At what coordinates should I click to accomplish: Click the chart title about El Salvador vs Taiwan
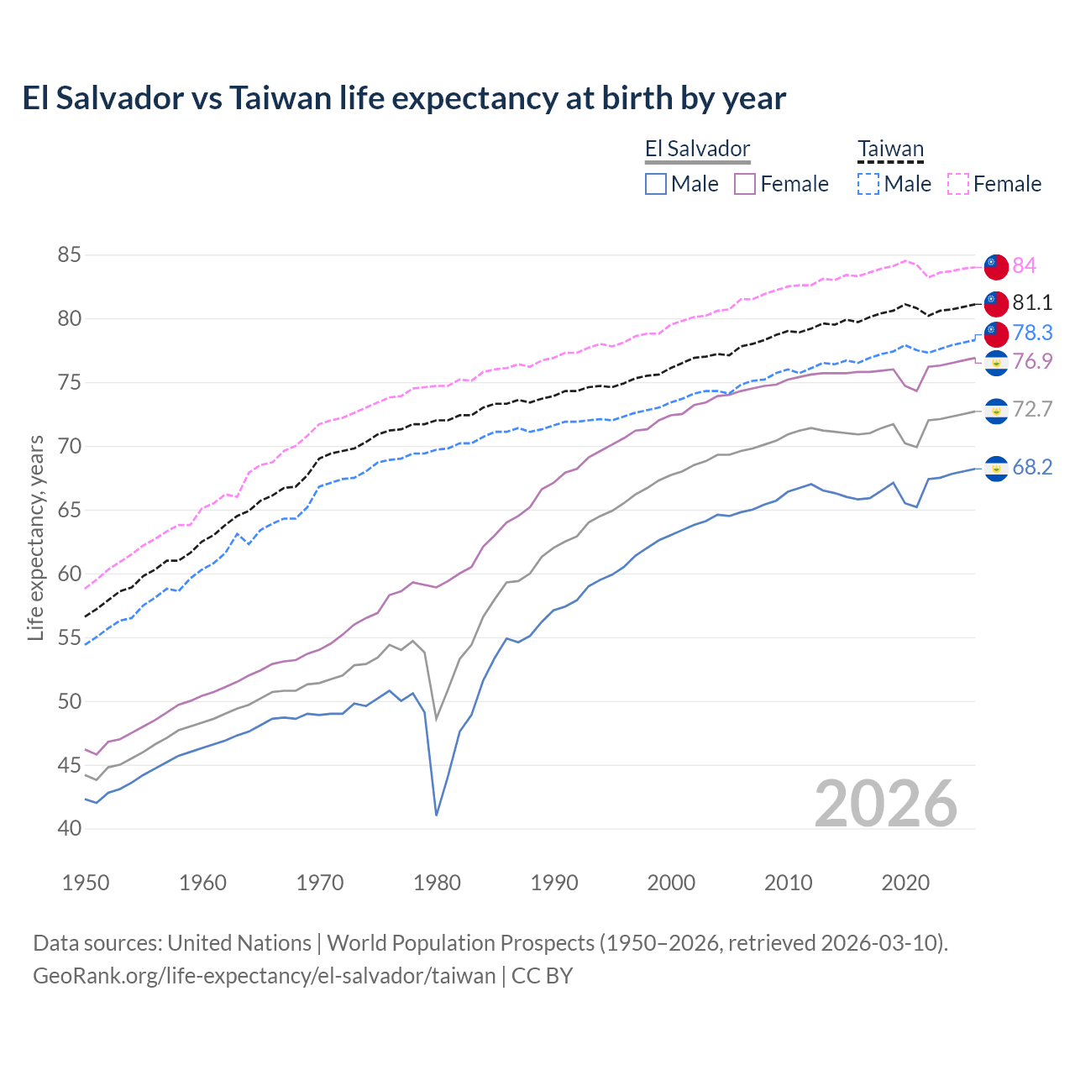click(x=404, y=98)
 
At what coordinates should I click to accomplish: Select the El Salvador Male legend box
click(x=656, y=184)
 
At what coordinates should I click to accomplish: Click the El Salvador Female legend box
click(x=745, y=184)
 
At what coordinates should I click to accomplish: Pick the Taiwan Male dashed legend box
click(x=868, y=184)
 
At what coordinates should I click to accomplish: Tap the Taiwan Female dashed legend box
click(x=958, y=184)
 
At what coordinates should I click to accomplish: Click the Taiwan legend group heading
click(x=890, y=149)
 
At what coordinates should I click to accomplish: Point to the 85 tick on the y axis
click(x=70, y=254)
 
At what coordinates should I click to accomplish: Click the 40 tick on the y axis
click(x=70, y=829)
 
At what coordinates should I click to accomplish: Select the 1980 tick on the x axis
click(x=438, y=883)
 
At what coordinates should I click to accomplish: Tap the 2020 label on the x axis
click(x=905, y=883)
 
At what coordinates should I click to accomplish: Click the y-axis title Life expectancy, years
click(x=35, y=537)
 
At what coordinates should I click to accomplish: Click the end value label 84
click(x=1024, y=266)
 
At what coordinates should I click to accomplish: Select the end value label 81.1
click(x=1031, y=302)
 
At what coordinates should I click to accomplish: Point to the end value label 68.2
click(x=1031, y=468)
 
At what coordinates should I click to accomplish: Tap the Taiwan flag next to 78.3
click(x=996, y=333)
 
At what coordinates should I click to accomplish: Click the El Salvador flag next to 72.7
click(x=996, y=411)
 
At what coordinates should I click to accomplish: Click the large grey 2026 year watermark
click(x=886, y=804)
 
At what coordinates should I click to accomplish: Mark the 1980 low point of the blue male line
click(x=437, y=815)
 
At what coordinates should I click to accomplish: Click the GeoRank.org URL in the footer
click(x=264, y=976)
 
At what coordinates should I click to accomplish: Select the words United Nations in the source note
click(x=239, y=943)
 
